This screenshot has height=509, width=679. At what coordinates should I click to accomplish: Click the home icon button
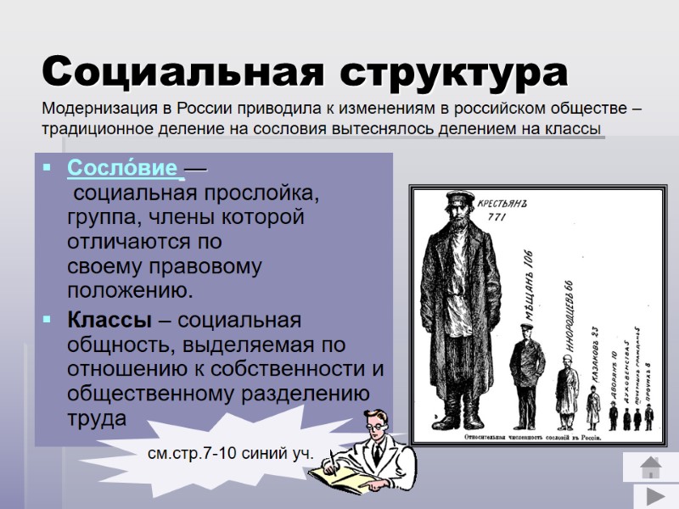(x=650, y=467)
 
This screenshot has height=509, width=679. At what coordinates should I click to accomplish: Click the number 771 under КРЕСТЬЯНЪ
(x=497, y=218)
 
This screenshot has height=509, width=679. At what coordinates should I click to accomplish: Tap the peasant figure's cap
(x=459, y=200)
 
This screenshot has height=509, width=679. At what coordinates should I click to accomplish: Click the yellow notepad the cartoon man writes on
(x=339, y=479)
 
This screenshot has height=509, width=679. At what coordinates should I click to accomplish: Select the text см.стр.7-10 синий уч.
(x=230, y=454)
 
